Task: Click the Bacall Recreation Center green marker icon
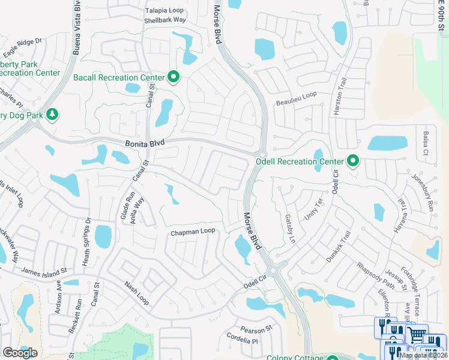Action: [173, 77]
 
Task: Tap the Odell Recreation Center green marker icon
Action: [354, 161]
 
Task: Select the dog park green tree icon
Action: [52, 115]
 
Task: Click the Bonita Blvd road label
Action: [145, 144]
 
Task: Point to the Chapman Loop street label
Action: [193, 232]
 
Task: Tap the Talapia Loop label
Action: [165, 11]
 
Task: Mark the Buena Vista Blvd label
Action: [76, 28]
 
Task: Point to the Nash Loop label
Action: [136, 293]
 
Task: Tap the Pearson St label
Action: [256, 329]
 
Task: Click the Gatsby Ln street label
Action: [291, 229]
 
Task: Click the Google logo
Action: [20, 353]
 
